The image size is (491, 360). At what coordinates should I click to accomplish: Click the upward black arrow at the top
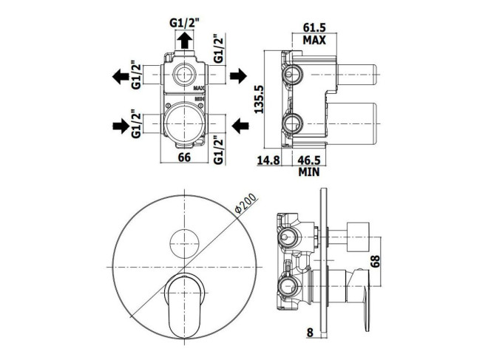click(x=184, y=41)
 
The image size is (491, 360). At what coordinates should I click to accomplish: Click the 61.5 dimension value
click(x=314, y=27)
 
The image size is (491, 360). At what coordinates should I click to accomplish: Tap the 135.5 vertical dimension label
click(x=259, y=99)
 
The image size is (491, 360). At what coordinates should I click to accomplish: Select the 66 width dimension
click(x=184, y=157)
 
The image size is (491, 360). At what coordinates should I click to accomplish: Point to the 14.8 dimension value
click(x=268, y=160)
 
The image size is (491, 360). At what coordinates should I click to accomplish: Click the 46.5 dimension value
click(x=309, y=160)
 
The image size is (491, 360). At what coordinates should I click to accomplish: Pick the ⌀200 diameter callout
click(x=245, y=203)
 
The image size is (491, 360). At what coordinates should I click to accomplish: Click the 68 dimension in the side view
click(x=375, y=261)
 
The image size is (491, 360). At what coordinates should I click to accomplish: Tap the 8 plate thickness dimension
click(x=310, y=333)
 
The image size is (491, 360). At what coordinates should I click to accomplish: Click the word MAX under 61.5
click(x=314, y=40)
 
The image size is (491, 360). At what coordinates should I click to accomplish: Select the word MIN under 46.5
click(x=309, y=171)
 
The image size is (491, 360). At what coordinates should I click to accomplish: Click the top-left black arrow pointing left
click(x=121, y=76)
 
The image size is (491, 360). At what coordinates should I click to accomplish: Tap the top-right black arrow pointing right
click(x=239, y=75)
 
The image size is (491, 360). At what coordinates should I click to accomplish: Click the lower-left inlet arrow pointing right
click(x=121, y=126)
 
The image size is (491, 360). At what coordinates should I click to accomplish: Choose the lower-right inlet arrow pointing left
click(x=240, y=126)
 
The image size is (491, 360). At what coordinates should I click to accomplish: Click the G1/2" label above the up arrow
click(x=184, y=23)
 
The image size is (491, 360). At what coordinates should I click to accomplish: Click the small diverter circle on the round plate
click(x=184, y=243)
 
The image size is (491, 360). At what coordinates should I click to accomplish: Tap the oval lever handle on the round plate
click(x=185, y=306)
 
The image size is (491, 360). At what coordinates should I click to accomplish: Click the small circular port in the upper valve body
click(x=184, y=75)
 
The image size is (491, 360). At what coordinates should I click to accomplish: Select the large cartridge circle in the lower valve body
click(x=184, y=123)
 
